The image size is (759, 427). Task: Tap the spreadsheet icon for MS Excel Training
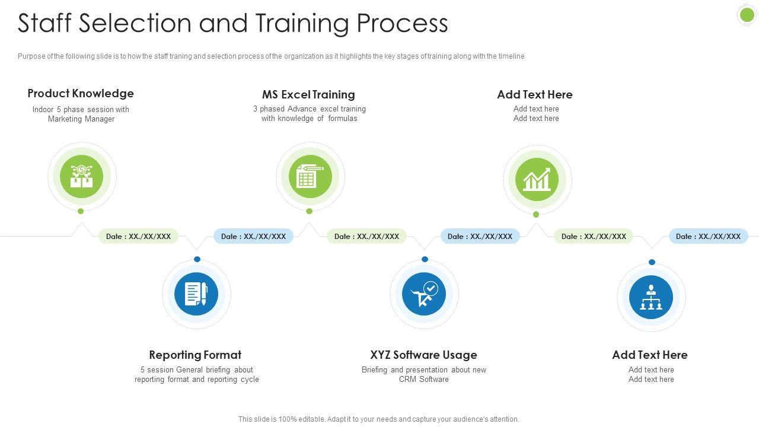point(310,176)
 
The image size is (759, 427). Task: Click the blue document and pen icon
point(196,294)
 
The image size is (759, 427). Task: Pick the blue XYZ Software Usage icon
point(424,294)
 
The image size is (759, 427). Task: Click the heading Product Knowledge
point(81,93)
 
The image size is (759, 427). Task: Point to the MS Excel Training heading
point(308,94)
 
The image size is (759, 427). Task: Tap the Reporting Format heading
point(195,355)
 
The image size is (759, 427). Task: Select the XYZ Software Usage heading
point(423,355)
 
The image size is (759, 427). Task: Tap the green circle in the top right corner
point(747,15)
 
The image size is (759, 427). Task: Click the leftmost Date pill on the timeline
point(138,236)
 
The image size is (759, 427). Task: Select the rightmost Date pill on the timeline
point(708,236)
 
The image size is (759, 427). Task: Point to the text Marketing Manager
point(81,119)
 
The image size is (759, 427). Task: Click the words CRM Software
point(423,380)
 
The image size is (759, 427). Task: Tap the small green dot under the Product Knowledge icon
point(81,211)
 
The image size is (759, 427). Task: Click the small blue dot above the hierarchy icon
point(652,262)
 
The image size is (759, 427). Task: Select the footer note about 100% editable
point(378,419)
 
